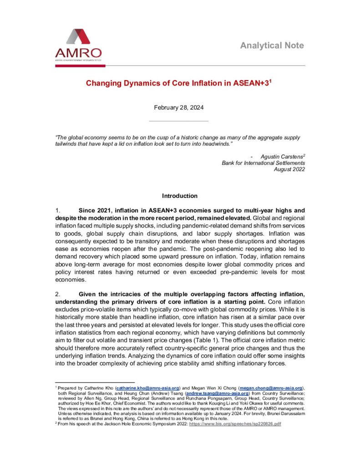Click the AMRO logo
(78, 45)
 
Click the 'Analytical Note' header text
(272, 46)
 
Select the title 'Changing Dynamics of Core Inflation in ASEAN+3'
(179, 84)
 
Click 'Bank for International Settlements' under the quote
(263, 162)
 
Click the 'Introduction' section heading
(180, 196)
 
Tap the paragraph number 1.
(57, 211)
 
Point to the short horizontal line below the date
(179, 121)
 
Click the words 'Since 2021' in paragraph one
(94, 211)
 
